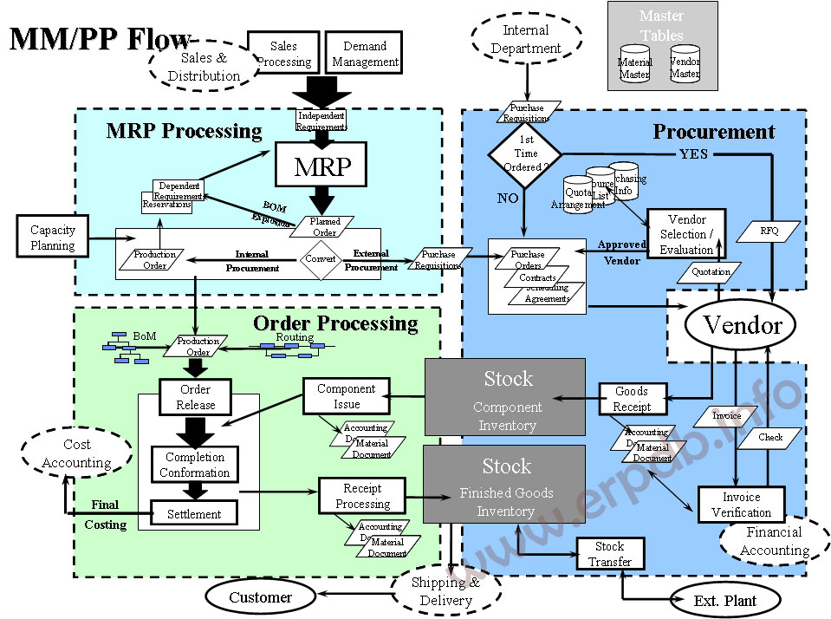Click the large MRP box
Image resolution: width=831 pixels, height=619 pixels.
tap(322, 165)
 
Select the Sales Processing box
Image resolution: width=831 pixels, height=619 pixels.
tap(283, 54)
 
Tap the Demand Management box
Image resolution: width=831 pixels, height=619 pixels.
tap(365, 54)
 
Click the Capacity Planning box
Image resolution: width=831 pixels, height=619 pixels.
tap(53, 238)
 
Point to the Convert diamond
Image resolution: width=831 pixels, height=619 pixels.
tap(321, 258)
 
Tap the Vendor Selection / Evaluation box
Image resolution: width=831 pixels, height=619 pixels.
tap(686, 234)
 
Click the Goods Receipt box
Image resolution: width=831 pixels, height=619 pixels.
tap(632, 399)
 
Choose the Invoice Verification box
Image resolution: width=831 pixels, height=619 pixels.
tap(741, 505)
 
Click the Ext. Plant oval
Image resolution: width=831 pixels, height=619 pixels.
tap(724, 600)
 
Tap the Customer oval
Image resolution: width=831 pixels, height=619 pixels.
tap(260, 596)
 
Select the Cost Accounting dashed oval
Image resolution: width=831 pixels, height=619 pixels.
tap(76, 453)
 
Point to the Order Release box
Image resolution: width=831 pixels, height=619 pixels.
tap(196, 397)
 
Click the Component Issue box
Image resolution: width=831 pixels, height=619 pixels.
tap(346, 396)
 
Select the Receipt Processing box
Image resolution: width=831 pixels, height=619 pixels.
tap(362, 496)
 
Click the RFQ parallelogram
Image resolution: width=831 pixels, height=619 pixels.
tap(769, 231)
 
